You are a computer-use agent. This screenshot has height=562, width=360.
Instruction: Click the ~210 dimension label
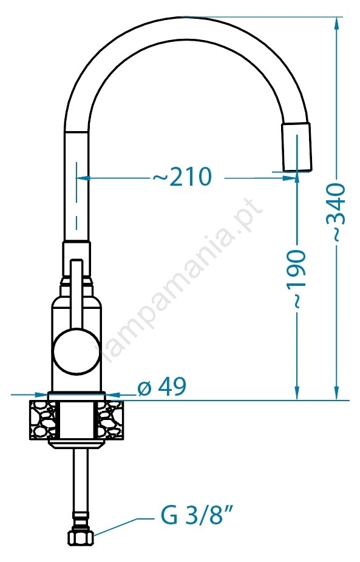point(182,177)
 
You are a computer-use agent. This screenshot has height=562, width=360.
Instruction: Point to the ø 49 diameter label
point(161,387)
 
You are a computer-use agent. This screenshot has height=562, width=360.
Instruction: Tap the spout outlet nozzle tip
point(296,147)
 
